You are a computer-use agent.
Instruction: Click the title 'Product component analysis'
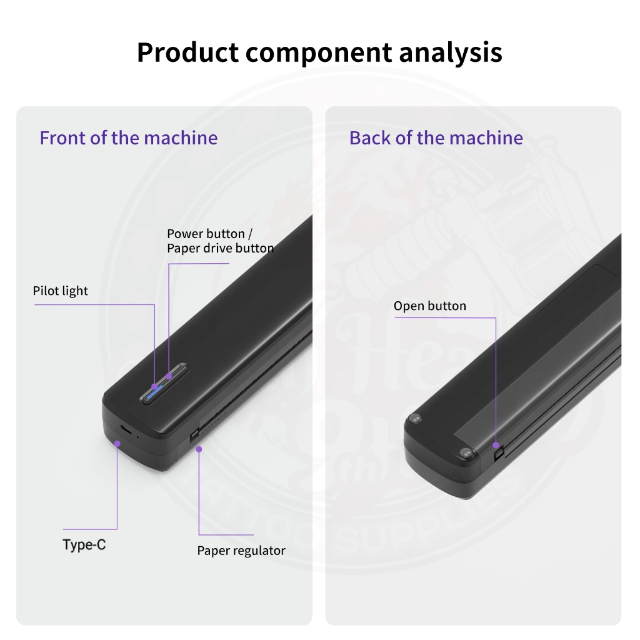pos(319,52)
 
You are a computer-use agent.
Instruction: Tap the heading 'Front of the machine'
pos(129,137)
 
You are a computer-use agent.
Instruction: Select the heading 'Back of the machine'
pos(436,137)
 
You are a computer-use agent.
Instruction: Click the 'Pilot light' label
pos(60,291)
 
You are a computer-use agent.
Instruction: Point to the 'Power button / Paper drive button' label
pos(219,241)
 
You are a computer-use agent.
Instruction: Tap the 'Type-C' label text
pos(84,544)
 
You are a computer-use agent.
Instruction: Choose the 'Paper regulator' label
pos(241,551)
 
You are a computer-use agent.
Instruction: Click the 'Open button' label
pos(429,306)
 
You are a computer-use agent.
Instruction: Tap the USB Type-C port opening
pos(126,430)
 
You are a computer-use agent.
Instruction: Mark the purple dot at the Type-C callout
pos(117,442)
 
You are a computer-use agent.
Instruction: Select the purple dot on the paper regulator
pos(199,448)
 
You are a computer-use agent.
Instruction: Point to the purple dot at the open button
pos(496,446)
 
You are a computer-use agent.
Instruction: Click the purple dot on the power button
pos(169,376)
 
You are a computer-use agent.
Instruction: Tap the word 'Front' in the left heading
pos(62,137)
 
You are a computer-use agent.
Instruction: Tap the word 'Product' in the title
pos(187,52)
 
